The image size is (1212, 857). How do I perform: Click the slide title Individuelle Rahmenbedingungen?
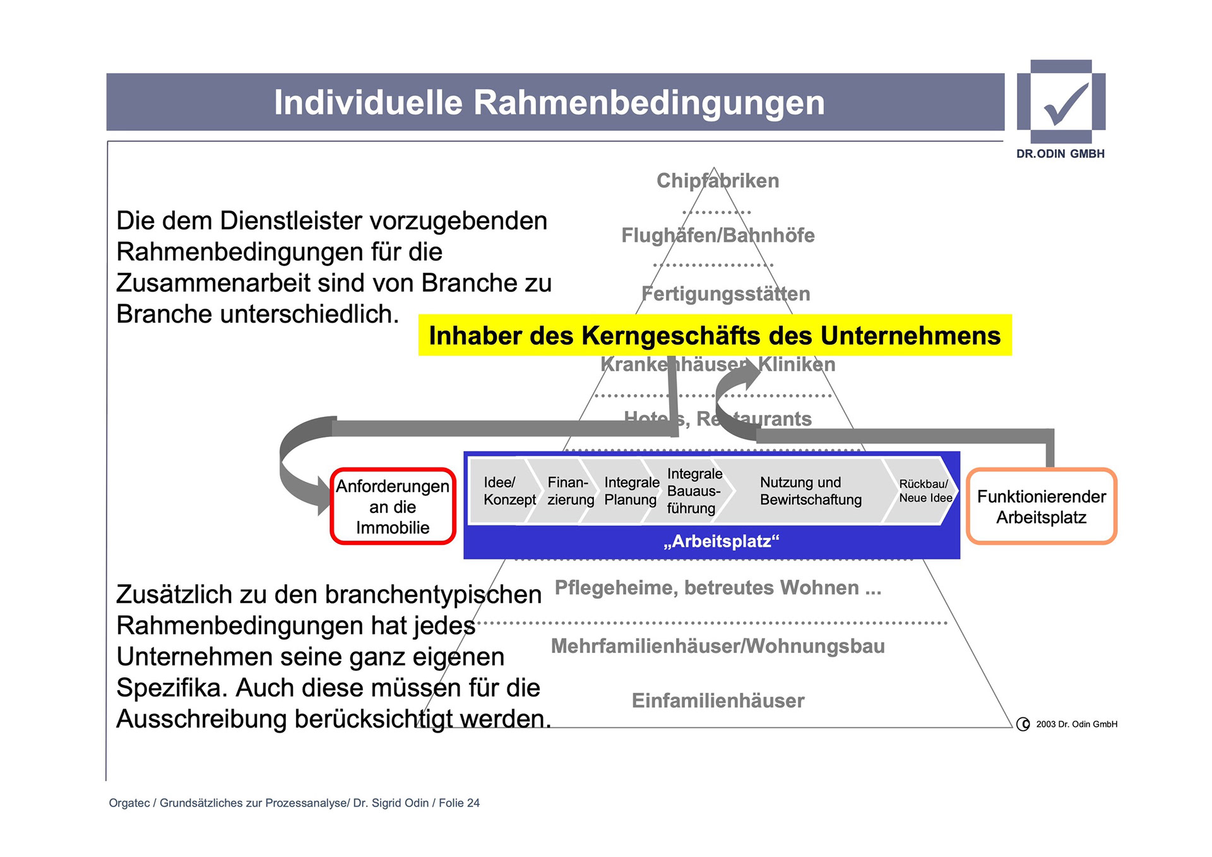click(549, 103)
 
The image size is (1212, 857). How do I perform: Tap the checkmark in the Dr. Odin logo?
click(1066, 103)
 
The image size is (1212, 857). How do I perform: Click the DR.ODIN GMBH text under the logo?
click(1060, 153)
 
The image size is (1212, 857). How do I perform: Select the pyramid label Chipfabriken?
click(718, 181)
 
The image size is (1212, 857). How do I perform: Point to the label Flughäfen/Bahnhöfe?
click(718, 236)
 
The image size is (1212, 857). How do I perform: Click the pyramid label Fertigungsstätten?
click(725, 294)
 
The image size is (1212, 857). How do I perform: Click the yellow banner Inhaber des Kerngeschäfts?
click(715, 335)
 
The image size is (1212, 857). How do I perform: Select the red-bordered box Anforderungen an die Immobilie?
click(393, 506)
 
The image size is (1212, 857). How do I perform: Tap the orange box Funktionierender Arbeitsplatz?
click(1041, 506)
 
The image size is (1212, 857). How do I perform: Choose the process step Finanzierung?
click(570, 491)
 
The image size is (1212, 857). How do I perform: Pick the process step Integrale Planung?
click(631, 491)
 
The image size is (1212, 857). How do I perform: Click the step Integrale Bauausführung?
click(694, 491)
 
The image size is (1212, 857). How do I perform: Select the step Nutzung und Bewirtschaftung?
click(810, 491)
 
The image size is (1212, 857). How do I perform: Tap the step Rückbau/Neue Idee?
click(925, 491)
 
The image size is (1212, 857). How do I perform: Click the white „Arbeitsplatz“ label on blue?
click(722, 541)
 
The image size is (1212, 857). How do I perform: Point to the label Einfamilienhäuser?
click(718, 700)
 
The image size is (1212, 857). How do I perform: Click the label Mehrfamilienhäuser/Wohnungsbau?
click(718, 646)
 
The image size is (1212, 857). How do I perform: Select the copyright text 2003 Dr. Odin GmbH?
click(1076, 724)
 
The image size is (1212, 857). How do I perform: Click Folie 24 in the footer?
click(459, 803)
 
